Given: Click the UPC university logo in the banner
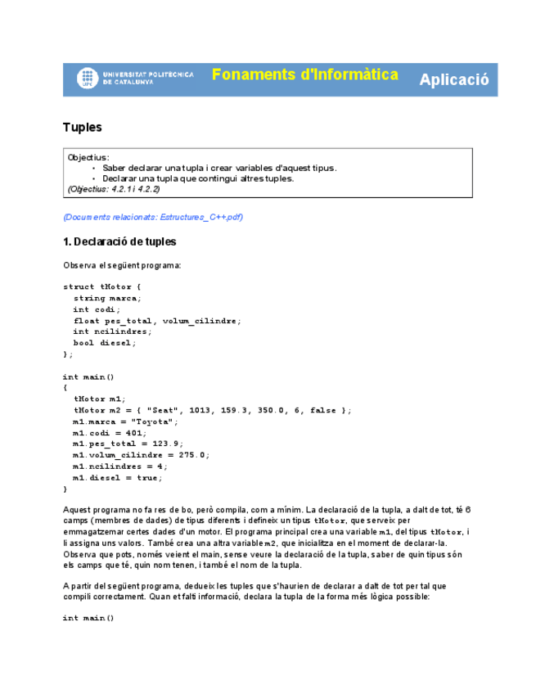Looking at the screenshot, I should coord(88,79).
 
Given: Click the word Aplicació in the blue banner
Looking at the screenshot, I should coord(454,79).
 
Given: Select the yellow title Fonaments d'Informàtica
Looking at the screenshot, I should coord(304,75).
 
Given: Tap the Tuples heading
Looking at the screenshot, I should coord(83,127).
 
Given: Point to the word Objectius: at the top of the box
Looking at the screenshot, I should coord(88,156).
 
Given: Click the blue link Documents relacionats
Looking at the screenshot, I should coord(153,217).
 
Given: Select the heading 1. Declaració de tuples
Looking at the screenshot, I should coord(119,242).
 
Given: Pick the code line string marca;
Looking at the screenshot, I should coord(106,299).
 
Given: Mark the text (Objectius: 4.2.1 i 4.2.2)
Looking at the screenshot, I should coord(114,189).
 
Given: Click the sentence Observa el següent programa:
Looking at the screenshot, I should coord(122,265).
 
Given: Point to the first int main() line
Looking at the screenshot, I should coord(89,377).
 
